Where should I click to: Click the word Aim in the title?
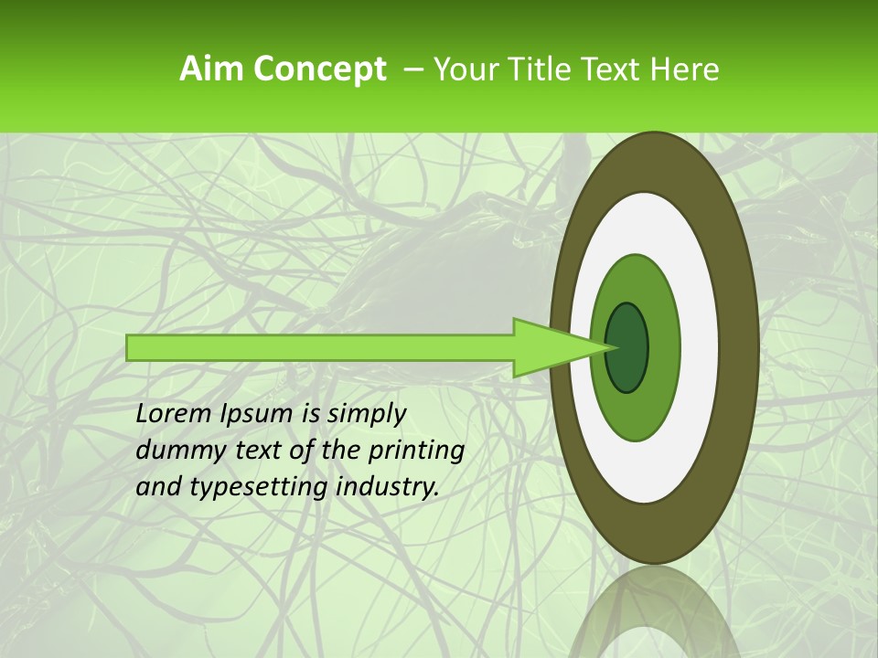212,69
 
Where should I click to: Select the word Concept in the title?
319,69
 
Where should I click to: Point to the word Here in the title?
684,69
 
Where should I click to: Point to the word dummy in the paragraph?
175,451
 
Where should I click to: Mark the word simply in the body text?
366,414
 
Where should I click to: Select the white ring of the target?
700,347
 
